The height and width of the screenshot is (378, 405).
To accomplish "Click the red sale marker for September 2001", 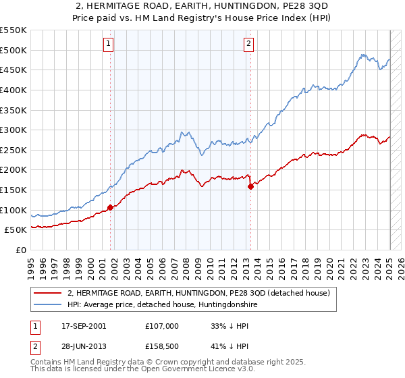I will tap(110, 207).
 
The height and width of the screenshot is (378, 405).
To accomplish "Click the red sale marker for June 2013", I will tap(250, 186).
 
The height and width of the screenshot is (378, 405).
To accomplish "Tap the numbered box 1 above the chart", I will tap(109, 45).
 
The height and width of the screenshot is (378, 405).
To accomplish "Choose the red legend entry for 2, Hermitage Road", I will tap(198, 293).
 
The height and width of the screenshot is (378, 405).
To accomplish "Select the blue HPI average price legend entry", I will tap(162, 305).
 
